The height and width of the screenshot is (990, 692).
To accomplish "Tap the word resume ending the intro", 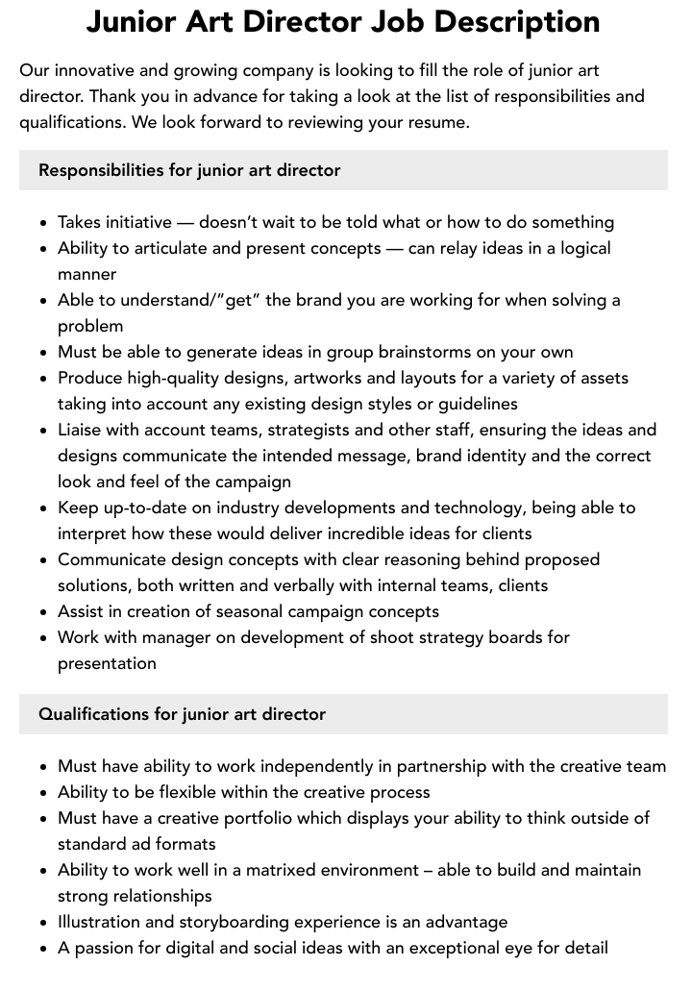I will coord(438,123).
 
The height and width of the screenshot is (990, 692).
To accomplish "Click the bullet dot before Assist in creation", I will coord(44,612).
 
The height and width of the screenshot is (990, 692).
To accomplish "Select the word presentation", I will coord(107,663).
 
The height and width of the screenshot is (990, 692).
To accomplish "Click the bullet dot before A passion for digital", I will coord(44,949).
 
